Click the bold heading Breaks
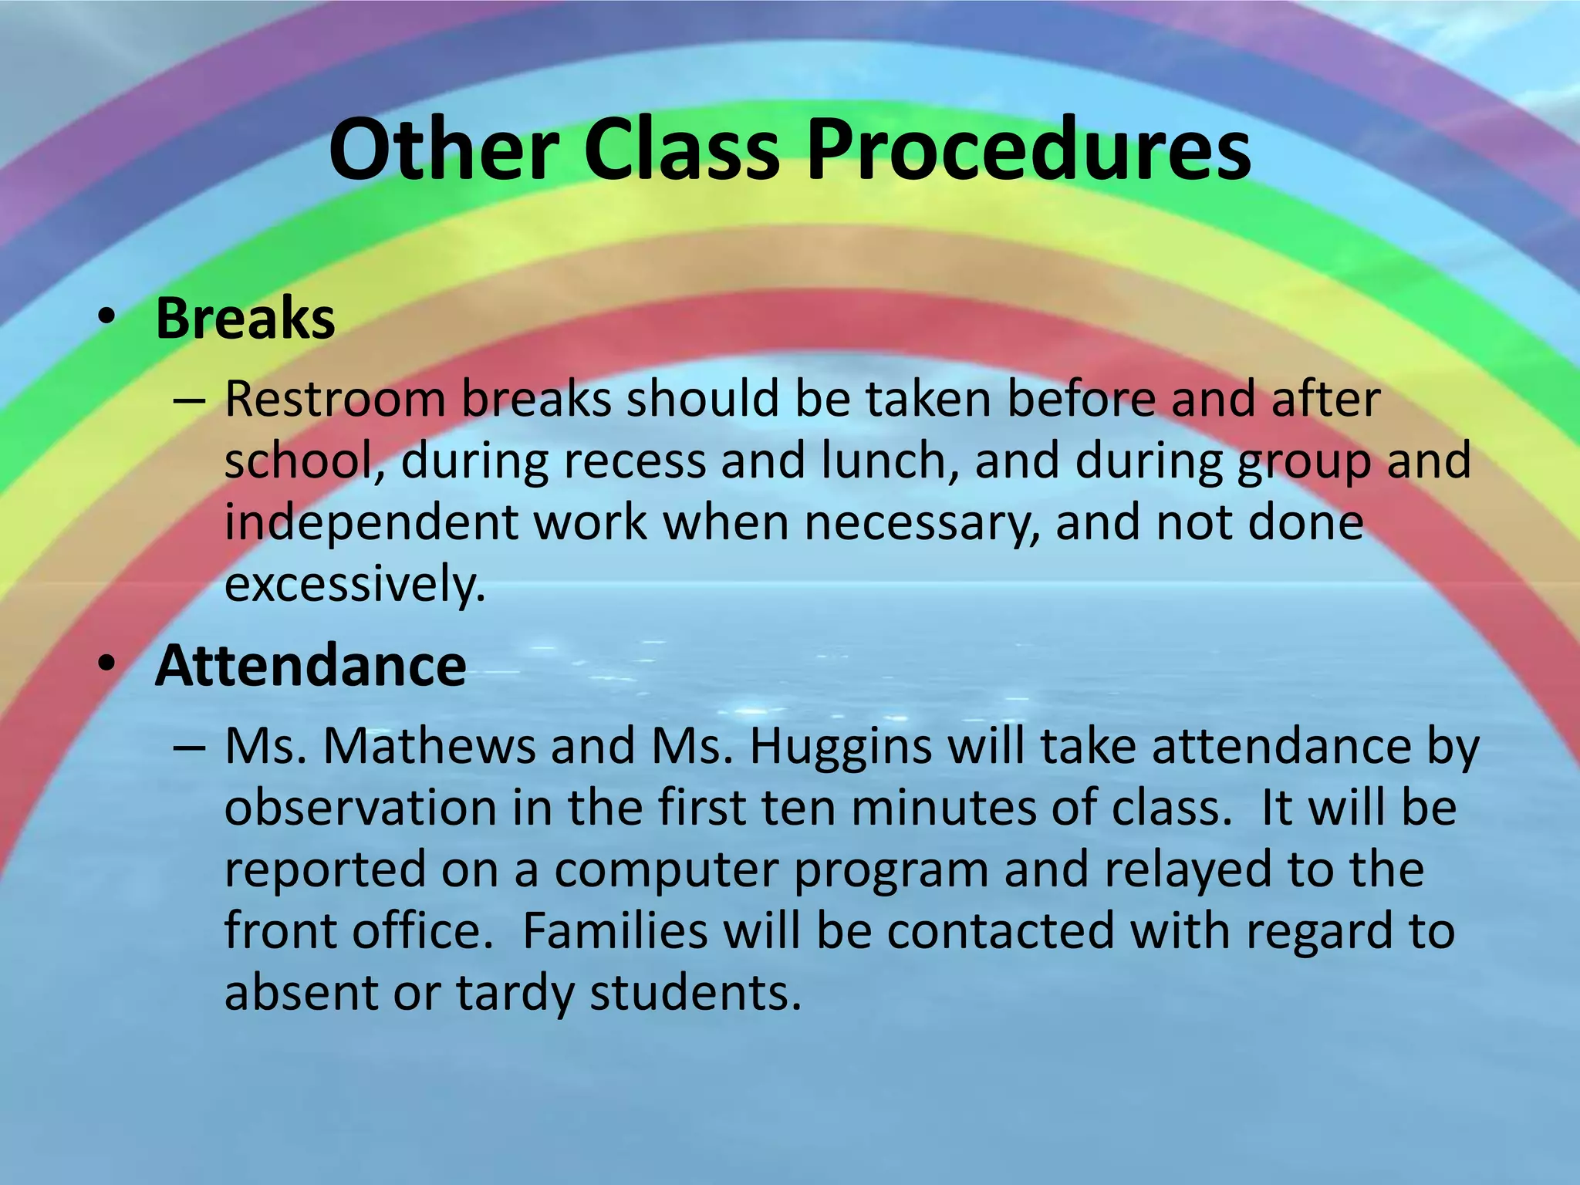tap(245, 318)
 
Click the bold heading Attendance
tap(310, 665)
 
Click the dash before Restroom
tap(190, 402)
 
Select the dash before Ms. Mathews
tap(190, 749)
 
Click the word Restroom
tap(335, 400)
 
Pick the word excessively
tap(355, 585)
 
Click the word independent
tap(370, 523)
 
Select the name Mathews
tap(428, 747)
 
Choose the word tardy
tap(515, 994)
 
